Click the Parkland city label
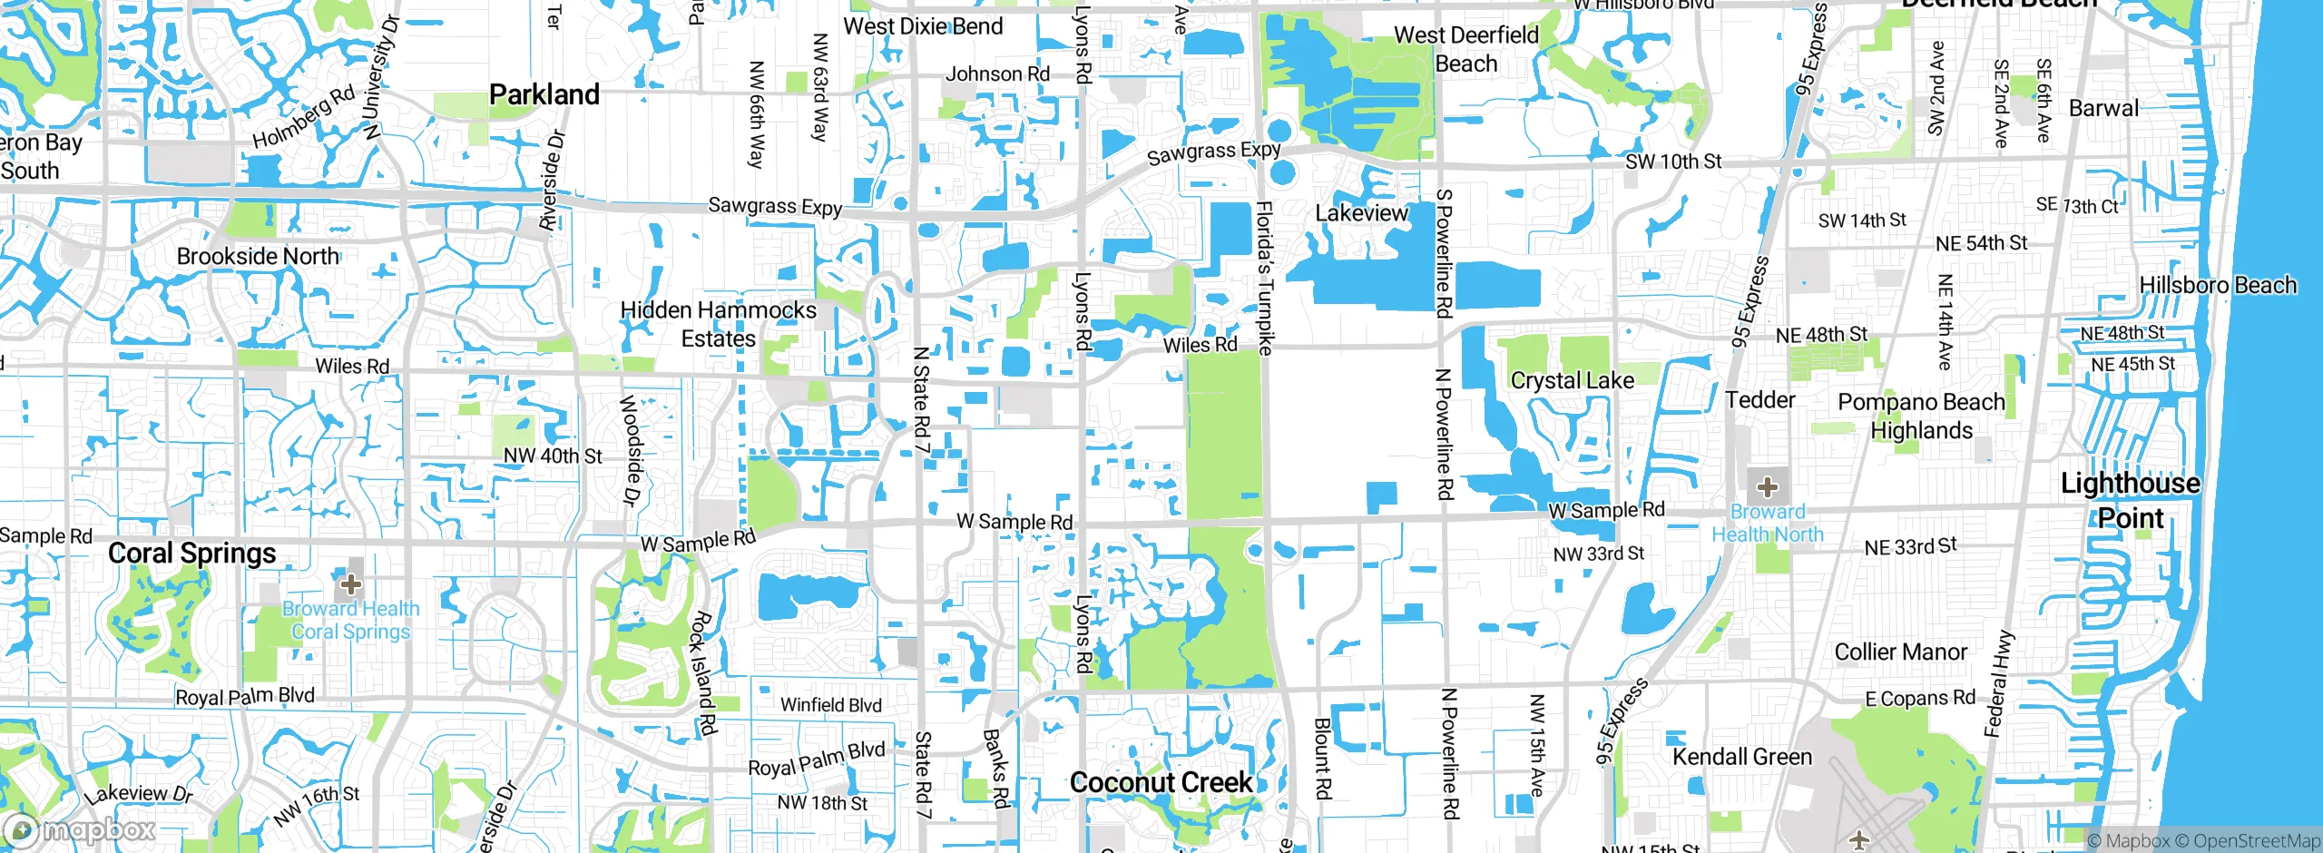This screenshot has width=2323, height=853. click(x=544, y=94)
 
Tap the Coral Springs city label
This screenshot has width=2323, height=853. click(x=191, y=554)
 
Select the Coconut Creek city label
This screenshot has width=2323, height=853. click(x=1161, y=782)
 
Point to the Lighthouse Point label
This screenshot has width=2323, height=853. click(x=2131, y=500)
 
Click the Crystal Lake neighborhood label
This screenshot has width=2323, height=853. click(x=1572, y=380)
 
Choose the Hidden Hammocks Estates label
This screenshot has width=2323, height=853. click(x=718, y=324)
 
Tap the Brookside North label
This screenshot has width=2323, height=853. click(x=258, y=257)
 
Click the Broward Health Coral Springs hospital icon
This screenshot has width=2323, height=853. click(x=351, y=583)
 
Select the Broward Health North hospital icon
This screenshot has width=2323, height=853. click(x=1767, y=487)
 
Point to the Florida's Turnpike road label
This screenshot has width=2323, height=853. click(x=1264, y=278)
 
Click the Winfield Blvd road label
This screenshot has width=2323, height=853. click(x=830, y=705)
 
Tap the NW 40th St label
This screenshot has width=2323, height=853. click(x=553, y=456)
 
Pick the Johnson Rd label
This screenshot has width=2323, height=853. click(x=997, y=74)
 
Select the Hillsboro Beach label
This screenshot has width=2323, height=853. click(x=2218, y=285)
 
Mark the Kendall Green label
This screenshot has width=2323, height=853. click(x=1741, y=757)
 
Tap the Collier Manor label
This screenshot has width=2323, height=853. click(x=1900, y=652)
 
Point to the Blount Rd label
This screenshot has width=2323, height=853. click(x=1322, y=759)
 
